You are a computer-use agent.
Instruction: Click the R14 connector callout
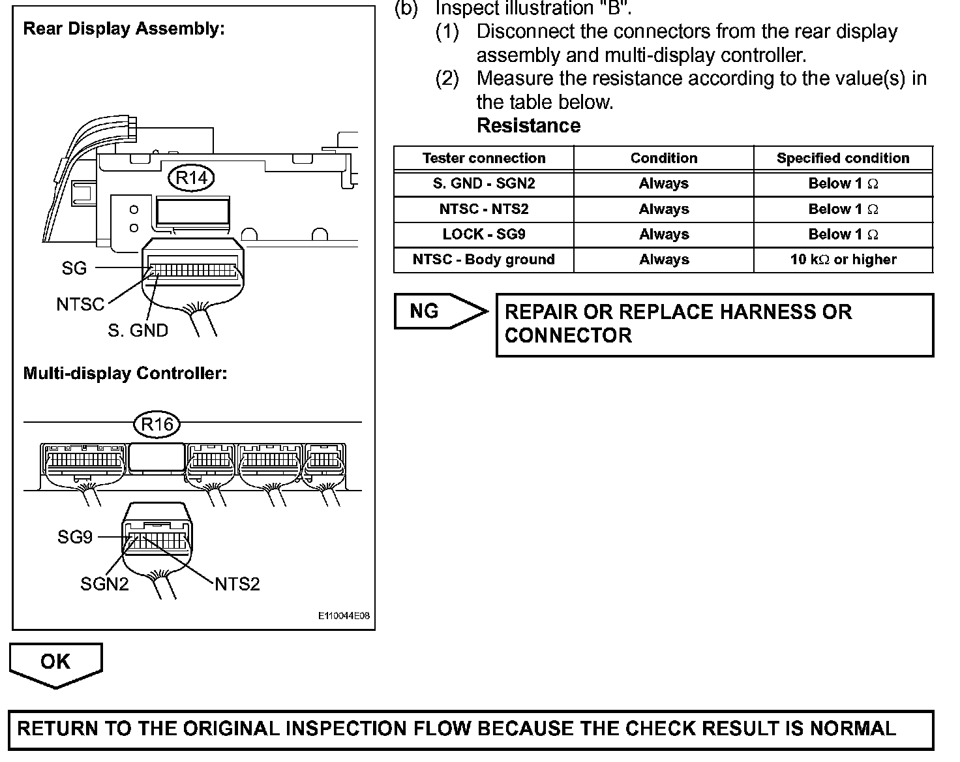pyautogui.click(x=191, y=178)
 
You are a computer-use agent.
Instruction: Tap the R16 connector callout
pyautogui.click(x=157, y=425)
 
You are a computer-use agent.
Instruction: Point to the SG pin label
pyautogui.click(x=74, y=267)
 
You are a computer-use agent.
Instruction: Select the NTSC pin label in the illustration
pyautogui.click(x=80, y=304)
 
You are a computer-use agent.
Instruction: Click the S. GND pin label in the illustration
pyautogui.click(x=138, y=330)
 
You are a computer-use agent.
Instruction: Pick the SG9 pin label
pyautogui.click(x=75, y=537)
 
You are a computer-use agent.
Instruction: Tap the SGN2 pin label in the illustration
pyautogui.click(x=104, y=583)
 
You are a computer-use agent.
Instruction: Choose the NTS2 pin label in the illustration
pyautogui.click(x=237, y=583)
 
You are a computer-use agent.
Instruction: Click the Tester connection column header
pyautogui.click(x=484, y=158)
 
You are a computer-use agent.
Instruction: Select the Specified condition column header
pyautogui.click(x=843, y=158)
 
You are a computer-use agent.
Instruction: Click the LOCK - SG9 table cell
pyautogui.click(x=484, y=234)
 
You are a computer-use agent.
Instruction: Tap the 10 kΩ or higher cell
pyautogui.click(x=843, y=260)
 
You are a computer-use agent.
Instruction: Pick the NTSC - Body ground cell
pyautogui.click(x=484, y=260)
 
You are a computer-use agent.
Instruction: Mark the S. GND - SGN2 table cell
pyautogui.click(x=484, y=183)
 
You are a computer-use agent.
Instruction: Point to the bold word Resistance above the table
pyautogui.click(x=528, y=125)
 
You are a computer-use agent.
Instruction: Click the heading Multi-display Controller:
pyautogui.click(x=125, y=373)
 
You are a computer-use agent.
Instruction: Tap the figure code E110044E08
pyautogui.click(x=344, y=615)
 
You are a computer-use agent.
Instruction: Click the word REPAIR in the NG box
pyautogui.click(x=539, y=312)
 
